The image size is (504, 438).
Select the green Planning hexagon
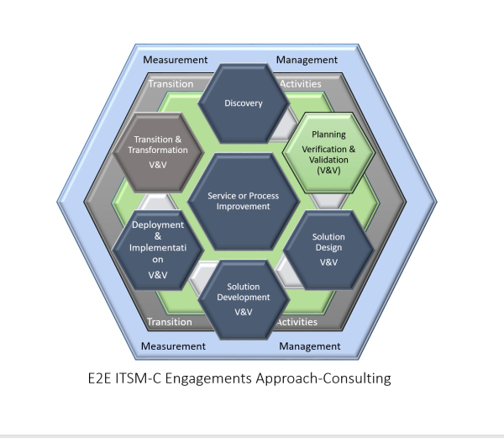tap(323, 151)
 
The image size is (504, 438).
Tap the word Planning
tap(323, 135)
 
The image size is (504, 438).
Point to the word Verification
tap(318, 149)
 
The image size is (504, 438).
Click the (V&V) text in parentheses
tap(323, 171)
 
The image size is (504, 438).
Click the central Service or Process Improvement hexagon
tap(243, 202)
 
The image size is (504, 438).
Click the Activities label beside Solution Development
tap(297, 321)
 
